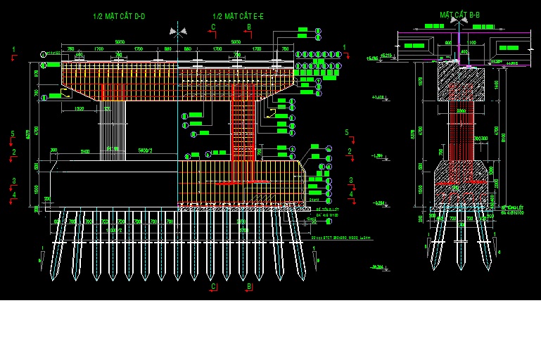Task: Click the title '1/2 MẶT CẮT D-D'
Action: click(119, 15)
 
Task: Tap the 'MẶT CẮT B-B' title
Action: click(459, 15)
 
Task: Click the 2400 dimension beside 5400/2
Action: click(85, 150)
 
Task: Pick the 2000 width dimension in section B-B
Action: click(461, 111)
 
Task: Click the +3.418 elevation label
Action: click(378, 97)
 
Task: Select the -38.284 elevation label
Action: click(378, 266)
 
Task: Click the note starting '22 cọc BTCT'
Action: click(340, 238)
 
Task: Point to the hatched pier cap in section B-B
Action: click(461, 82)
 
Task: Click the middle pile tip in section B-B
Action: click(461, 264)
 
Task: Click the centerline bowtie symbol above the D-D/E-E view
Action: click(178, 31)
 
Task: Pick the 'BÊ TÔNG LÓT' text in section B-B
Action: click(512, 208)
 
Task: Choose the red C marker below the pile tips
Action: click(212, 286)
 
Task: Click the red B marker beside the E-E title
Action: click(248, 27)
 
